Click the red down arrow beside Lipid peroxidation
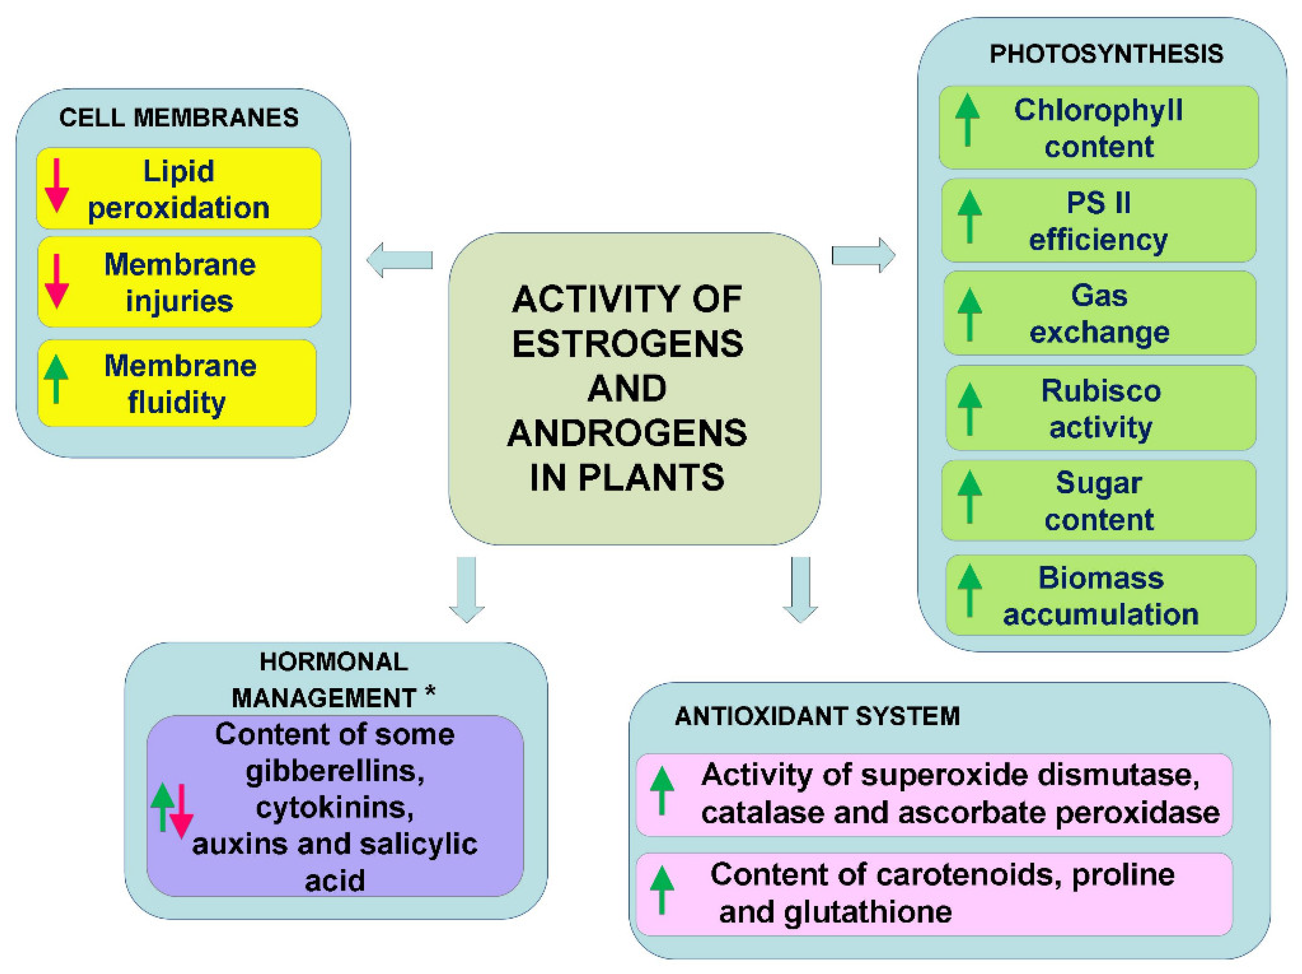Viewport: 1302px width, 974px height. click(x=56, y=186)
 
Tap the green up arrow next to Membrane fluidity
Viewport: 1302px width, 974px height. click(x=56, y=379)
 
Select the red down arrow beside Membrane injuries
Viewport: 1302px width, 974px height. click(x=56, y=282)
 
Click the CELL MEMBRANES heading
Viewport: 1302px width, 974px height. click(x=179, y=118)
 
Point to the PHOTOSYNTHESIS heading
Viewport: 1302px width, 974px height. click(x=1106, y=54)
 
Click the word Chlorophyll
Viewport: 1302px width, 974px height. click(x=1098, y=110)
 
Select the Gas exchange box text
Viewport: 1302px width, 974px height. click(x=1099, y=314)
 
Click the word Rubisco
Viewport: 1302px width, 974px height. click(x=1101, y=390)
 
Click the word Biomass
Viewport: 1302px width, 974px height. click(x=1101, y=578)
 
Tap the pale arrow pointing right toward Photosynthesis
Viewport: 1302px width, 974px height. click(x=863, y=255)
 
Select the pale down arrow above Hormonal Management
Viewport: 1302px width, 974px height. click(x=467, y=589)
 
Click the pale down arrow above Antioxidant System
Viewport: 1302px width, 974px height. click(x=800, y=589)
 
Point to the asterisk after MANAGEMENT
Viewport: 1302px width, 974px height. click(x=430, y=692)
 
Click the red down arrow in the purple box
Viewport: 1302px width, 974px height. click(x=181, y=811)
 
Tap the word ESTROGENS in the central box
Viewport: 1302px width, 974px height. click(x=627, y=344)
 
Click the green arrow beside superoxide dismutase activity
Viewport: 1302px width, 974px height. click(x=661, y=790)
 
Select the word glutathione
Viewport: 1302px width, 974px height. click(x=868, y=912)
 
